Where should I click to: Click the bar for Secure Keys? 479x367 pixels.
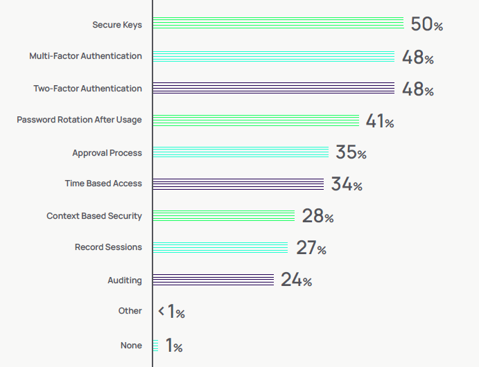click(x=278, y=24)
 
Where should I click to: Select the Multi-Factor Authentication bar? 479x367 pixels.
click(x=273, y=56)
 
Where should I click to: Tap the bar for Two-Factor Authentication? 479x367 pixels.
click(x=273, y=88)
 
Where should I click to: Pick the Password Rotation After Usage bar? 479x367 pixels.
click(x=256, y=120)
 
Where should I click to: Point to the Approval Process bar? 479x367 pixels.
click(x=241, y=152)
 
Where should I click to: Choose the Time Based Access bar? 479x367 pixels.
click(x=238, y=183)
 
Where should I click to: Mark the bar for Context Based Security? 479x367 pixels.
click(x=224, y=215)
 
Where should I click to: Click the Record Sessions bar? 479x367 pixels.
click(x=220, y=247)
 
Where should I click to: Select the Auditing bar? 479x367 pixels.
click(x=214, y=280)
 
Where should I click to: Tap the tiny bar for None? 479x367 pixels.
click(x=155, y=345)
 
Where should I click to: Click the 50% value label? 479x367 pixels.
click(x=426, y=24)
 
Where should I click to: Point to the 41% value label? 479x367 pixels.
click(x=380, y=121)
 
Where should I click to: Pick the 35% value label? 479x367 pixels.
click(x=351, y=152)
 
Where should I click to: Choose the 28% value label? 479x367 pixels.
click(x=317, y=216)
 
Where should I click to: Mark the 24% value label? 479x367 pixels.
click(x=296, y=280)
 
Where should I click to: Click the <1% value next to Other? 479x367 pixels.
click(x=171, y=312)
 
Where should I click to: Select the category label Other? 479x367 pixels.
click(x=130, y=311)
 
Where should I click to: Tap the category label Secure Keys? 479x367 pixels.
click(x=117, y=25)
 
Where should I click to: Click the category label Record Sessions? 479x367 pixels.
click(x=108, y=247)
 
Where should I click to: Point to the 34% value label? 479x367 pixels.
click(x=347, y=184)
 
